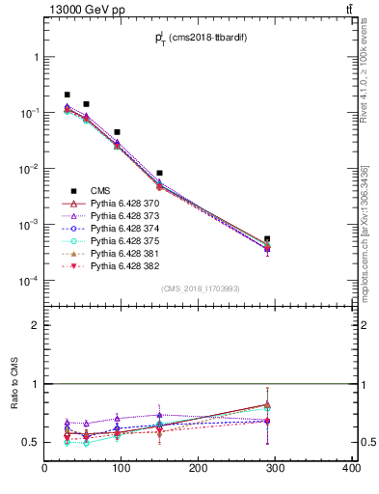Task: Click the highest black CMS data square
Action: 68,95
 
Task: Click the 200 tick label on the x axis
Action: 199,470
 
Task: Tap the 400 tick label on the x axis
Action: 351,470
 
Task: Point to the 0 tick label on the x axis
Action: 44,470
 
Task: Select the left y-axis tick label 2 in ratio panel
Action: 36,325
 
